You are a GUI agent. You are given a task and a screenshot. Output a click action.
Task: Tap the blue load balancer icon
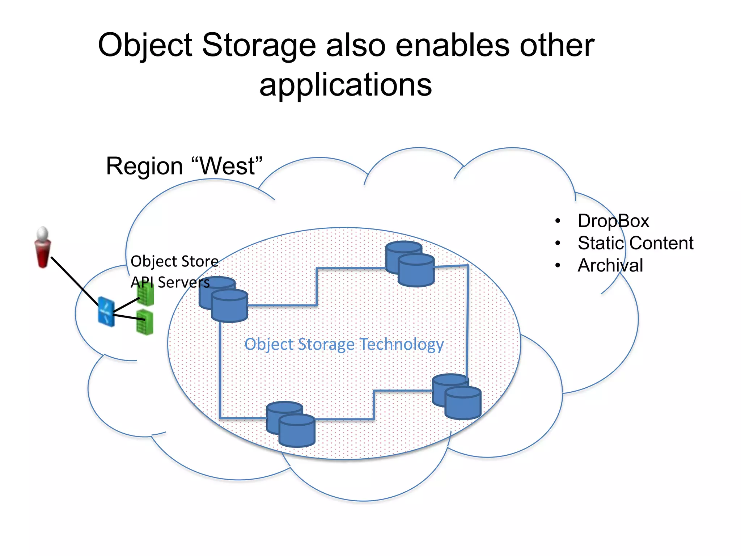106,312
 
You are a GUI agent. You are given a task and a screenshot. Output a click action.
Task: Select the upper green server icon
146,294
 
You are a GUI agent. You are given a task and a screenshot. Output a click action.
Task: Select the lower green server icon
145,322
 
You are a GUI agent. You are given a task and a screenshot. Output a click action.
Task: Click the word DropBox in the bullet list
613,221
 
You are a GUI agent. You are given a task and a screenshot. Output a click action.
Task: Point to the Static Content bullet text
635,243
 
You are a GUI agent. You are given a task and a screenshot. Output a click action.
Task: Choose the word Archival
610,265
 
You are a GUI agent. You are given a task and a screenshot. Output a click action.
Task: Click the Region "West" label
184,166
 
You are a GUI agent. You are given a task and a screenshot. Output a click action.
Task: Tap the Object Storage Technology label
344,344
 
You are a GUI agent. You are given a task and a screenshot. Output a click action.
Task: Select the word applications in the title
346,85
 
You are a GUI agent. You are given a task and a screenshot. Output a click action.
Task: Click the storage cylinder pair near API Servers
224,299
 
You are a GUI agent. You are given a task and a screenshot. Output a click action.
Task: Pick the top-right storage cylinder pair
410,264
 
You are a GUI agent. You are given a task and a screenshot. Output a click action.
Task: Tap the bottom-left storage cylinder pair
291,424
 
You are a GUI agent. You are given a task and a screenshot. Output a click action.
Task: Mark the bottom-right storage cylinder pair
457,396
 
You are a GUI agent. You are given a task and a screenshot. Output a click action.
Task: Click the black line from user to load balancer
74,281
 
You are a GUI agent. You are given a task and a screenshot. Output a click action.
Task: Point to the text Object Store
174,261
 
